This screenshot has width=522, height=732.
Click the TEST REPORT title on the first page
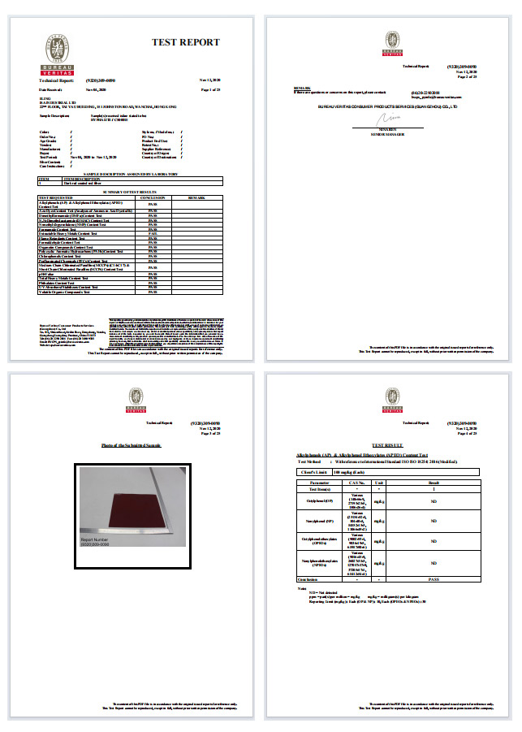(185, 41)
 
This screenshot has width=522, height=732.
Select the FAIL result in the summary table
(153, 234)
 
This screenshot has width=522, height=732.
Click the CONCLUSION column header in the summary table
(153, 197)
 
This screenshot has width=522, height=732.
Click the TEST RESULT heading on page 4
(388, 446)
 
